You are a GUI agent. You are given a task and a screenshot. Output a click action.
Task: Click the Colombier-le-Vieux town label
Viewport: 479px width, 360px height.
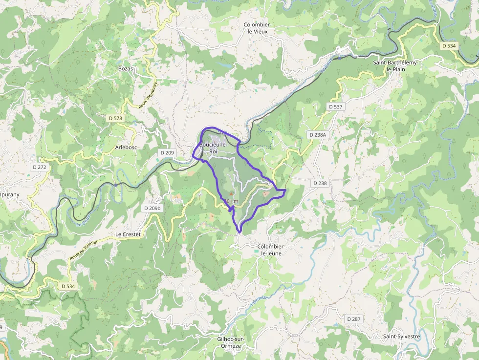click(258, 28)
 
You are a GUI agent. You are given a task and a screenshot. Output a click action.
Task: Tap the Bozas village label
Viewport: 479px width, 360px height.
click(126, 69)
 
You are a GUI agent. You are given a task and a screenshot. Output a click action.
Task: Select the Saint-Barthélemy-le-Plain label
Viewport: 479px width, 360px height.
click(396, 66)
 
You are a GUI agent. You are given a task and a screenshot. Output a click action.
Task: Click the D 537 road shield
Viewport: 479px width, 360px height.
click(336, 106)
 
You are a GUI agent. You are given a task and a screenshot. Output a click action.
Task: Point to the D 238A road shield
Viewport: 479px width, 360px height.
click(318, 134)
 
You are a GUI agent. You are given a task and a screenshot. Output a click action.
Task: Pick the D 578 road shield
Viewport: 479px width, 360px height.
click(116, 118)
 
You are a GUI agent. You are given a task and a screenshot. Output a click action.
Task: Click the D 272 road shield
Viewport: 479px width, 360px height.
click(40, 167)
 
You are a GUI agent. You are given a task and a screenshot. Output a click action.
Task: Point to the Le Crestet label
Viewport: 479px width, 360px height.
click(128, 234)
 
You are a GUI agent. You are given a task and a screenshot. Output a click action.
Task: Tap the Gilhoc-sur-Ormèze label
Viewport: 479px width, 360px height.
click(230, 342)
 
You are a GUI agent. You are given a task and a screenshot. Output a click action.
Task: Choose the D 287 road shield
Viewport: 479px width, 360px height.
click(353, 319)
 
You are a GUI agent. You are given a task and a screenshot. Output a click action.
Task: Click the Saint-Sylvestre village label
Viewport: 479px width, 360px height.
click(402, 337)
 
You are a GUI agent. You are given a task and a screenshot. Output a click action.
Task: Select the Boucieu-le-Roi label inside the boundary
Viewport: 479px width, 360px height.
click(213, 148)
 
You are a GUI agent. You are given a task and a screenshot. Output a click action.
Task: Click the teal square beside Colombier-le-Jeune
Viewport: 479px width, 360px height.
click(256, 252)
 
